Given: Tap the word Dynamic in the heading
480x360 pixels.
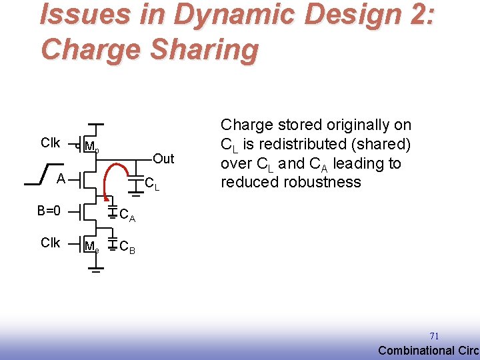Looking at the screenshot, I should click(x=206, y=15).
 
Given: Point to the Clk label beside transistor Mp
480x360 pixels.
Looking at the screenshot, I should click(x=51, y=143).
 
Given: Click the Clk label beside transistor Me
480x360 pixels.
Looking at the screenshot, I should click(x=51, y=243).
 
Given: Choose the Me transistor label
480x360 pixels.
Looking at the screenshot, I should click(x=92, y=247).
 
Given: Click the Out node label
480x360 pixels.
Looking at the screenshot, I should click(x=163, y=159).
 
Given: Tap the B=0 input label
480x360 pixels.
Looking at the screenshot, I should click(x=49, y=211).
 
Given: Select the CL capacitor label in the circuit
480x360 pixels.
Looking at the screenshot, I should click(x=152, y=184).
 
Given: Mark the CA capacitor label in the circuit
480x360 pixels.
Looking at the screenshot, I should click(x=127, y=215).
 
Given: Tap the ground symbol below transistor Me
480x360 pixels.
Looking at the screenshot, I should click(x=96, y=271).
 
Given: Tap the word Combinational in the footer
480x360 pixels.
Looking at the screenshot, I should click(x=416, y=351).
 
